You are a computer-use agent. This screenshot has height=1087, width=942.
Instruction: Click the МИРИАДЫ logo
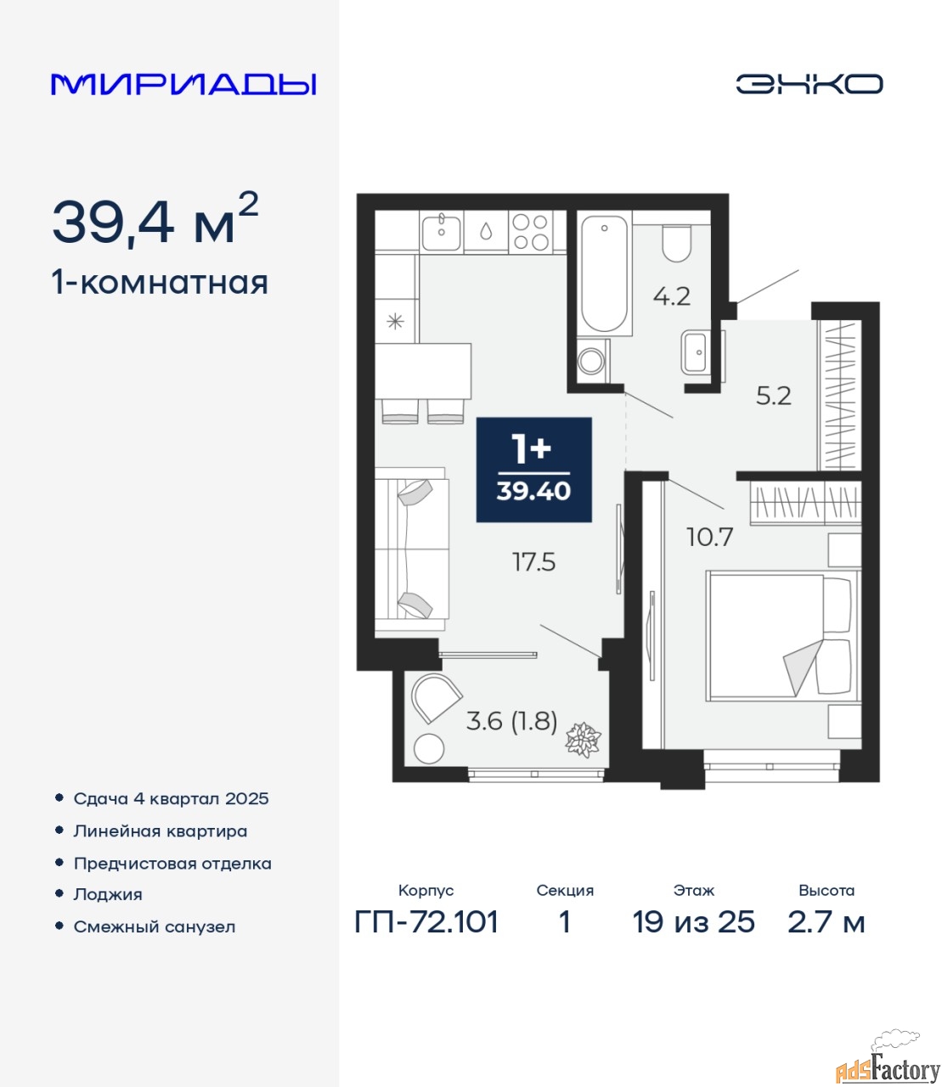click(x=183, y=84)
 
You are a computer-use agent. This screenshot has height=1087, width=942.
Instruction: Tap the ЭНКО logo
click(x=809, y=84)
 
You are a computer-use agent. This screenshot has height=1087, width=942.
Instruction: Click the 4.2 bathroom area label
click(x=672, y=296)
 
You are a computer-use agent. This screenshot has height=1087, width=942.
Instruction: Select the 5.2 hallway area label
click(x=773, y=396)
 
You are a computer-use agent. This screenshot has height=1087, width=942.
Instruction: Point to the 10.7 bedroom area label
click(x=710, y=538)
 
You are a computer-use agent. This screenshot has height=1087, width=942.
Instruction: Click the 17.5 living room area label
click(x=533, y=562)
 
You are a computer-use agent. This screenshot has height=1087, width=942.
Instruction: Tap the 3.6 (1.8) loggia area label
click(x=511, y=721)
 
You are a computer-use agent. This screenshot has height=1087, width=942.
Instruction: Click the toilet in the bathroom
click(x=676, y=244)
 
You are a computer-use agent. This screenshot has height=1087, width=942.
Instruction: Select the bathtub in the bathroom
click(x=604, y=273)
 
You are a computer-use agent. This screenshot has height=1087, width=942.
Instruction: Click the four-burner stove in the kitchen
click(x=530, y=232)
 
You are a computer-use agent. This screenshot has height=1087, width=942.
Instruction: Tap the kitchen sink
click(x=442, y=232)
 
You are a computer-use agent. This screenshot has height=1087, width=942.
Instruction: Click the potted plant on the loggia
click(x=583, y=740)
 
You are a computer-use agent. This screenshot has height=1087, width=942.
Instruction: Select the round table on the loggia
click(x=429, y=749)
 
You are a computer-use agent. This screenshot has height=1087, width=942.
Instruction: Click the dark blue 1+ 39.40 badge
click(x=533, y=470)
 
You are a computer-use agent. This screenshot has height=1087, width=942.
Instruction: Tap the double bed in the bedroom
click(x=782, y=636)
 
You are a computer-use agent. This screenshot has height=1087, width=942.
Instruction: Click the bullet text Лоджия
click(x=108, y=894)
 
